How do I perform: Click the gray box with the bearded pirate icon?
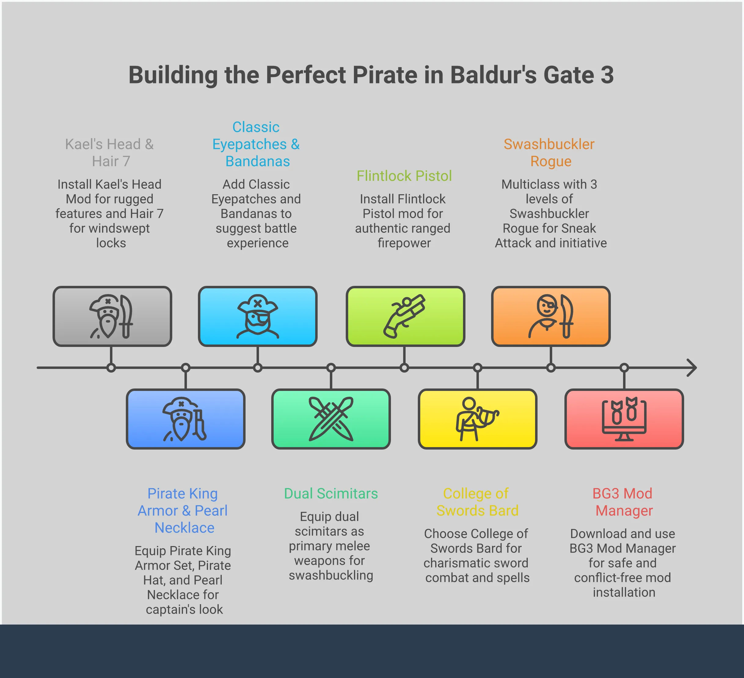(112, 316)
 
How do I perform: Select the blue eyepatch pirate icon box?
(257, 316)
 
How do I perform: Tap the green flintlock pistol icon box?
(405, 316)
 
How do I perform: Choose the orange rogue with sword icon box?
(551, 316)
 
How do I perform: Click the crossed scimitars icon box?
(331, 419)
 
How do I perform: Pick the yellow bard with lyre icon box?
(478, 419)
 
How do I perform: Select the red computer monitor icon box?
(624, 419)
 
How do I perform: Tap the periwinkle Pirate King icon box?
(186, 419)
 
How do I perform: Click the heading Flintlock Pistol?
(404, 176)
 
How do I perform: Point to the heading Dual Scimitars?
(331, 494)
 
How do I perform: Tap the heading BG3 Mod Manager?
(623, 502)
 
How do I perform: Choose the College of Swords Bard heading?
(476, 502)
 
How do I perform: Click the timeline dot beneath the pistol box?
(404, 368)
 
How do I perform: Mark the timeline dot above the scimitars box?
(331, 368)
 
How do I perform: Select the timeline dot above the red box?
(624, 368)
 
